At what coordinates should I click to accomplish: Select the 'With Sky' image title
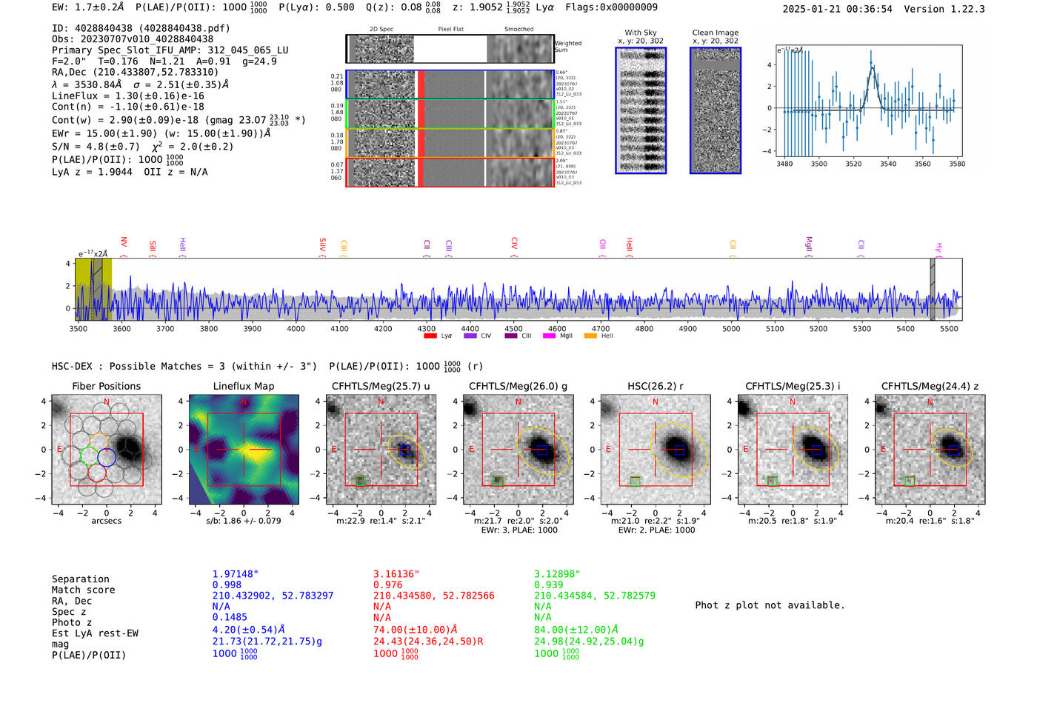(640, 33)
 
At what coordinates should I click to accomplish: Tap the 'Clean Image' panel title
(715, 33)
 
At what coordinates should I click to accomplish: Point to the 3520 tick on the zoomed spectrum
(853, 164)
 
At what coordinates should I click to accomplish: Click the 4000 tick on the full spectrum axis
(296, 328)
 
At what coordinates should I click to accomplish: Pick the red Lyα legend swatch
(430, 336)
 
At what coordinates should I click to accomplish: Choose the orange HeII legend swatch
(590, 336)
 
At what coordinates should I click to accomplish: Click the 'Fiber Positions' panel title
(106, 386)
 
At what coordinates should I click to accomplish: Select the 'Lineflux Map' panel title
(243, 386)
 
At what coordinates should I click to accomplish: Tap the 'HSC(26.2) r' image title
(655, 386)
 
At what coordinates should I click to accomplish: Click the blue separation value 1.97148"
(236, 574)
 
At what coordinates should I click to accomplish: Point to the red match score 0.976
(387, 585)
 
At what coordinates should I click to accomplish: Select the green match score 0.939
(548, 585)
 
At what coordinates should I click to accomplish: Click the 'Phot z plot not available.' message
(770, 605)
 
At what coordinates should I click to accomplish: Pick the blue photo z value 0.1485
(230, 617)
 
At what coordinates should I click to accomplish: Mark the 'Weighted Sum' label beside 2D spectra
(567, 47)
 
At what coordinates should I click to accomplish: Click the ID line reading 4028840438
(141, 28)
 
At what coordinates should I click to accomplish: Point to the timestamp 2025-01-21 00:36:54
(837, 9)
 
